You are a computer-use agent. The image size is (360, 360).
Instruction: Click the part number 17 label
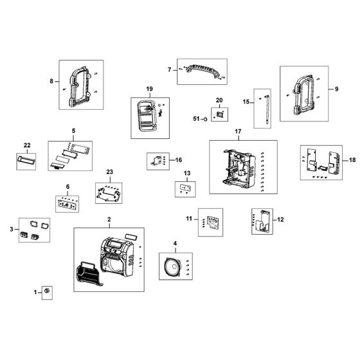click(237, 132)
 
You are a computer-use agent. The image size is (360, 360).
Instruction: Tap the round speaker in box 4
click(170, 265)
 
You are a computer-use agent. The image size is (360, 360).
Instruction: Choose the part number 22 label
click(27, 145)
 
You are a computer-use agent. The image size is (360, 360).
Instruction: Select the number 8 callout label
click(52, 82)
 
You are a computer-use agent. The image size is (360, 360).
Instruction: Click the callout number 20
click(219, 100)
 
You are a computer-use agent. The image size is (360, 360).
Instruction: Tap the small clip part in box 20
click(219, 115)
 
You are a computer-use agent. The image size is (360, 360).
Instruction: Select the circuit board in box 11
click(210, 220)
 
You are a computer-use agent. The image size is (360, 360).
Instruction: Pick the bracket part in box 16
click(155, 160)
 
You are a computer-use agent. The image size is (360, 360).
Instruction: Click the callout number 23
click(109, 172)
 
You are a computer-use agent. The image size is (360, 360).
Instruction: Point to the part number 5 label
click(73, 131)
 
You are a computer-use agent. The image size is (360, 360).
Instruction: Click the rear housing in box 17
click(239, 167)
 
